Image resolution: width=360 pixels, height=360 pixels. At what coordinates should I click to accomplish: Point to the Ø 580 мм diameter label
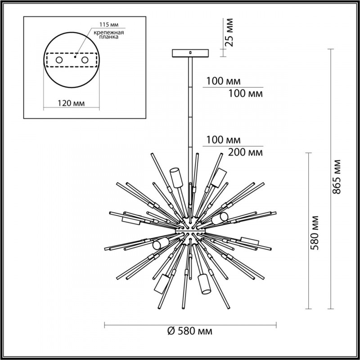pyautogui.click(x=189, y=332)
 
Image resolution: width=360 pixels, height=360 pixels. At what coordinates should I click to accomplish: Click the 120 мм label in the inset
pyautogui.click(x=72, y=103)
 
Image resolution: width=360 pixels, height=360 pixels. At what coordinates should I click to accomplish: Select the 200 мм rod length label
pyautogui.click(x=246, y=152)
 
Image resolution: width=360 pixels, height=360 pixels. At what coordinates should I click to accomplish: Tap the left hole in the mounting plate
pyautogui.click(x=59, y=60)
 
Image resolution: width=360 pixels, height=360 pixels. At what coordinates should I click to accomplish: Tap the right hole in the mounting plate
pyautogui.click(x=84, y=60)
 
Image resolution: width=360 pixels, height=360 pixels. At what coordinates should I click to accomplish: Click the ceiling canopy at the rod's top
pyautogui.click(x=191, y=53)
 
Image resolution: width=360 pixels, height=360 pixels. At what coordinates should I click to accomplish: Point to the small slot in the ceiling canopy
pyautogui.click(x=191, y=53)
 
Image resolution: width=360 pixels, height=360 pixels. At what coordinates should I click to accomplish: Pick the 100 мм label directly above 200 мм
pyautogui.click(x=224, y=139)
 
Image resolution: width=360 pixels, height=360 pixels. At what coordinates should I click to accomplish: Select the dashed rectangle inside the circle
pyautogui.click(x=72, y=60)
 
